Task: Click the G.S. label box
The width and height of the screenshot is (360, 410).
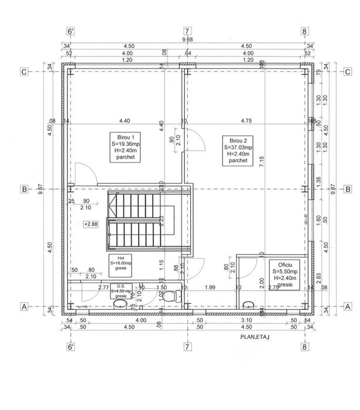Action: (121, 291)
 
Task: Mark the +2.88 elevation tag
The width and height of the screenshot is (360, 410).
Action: (91, 224)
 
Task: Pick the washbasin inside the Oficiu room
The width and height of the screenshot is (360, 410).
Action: (249, 304)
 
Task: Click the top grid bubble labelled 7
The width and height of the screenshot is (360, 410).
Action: (187, 32)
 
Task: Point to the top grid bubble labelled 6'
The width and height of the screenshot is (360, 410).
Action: (71, 32)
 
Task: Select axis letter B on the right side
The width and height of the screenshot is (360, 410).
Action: (347, 189)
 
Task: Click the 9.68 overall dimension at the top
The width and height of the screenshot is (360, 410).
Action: (187, 40)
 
